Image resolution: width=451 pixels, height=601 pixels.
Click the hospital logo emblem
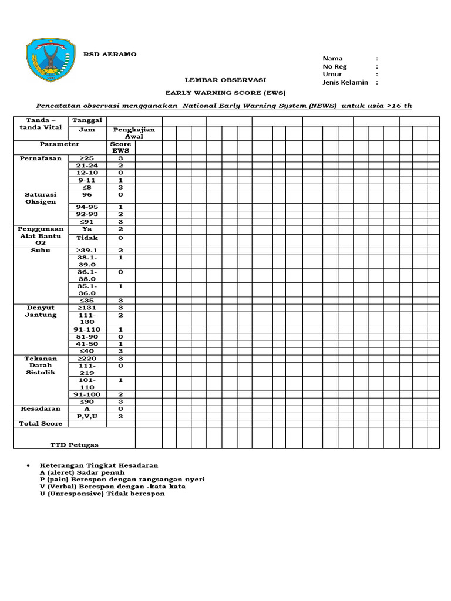[52, 60]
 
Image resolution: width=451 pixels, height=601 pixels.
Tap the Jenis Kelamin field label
[345, 82]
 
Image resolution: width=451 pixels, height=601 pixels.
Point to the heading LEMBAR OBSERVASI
[225, 80]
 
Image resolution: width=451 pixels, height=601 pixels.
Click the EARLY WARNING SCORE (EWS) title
[225, 93]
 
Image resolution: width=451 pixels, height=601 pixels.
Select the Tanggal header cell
[87, 120]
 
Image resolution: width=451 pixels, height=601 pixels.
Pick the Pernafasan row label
[41, 158]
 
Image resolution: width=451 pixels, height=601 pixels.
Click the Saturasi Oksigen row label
[41, 198]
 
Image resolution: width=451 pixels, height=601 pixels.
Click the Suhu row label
[41, 251]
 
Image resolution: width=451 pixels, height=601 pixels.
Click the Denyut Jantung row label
[41, 311]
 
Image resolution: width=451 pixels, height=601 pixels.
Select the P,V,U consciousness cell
[87, 416]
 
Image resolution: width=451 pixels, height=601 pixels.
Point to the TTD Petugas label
[74, 445]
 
